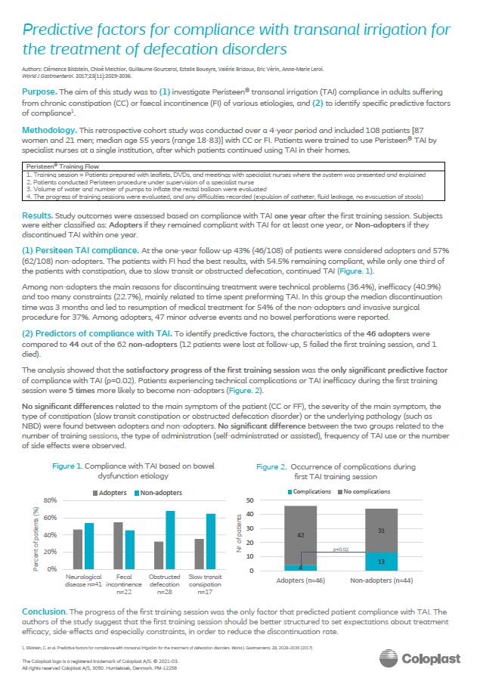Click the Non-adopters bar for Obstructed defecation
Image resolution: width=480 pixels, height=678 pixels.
click(170, 540)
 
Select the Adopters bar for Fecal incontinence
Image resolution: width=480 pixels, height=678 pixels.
click(118, 545)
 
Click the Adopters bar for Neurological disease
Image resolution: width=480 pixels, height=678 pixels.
click(76, 549)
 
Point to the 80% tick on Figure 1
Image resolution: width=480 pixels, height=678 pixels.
click(51, 500)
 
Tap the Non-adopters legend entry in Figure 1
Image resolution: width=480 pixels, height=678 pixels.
click(153, 492)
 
